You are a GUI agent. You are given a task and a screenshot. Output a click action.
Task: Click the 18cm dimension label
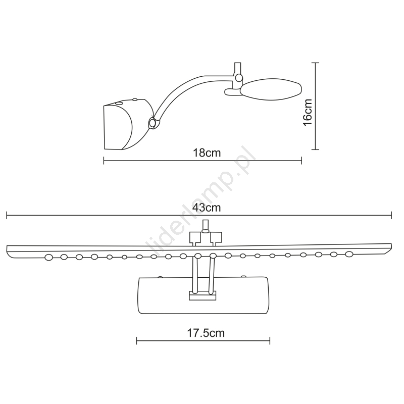(x=207, y=153)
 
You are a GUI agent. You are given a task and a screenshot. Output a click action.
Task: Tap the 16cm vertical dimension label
(x=308, y=112)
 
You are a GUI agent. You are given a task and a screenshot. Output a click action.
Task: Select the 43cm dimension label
(x=207, y=208)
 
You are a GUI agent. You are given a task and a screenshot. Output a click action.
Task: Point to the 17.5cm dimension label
(x=206, y=333)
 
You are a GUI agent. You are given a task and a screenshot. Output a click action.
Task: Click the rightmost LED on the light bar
(x=349, y=254)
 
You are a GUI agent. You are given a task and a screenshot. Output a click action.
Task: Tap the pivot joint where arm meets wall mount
(x=153, y=123)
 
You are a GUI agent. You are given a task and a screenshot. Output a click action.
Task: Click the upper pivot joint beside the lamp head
(x=239, y=77)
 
